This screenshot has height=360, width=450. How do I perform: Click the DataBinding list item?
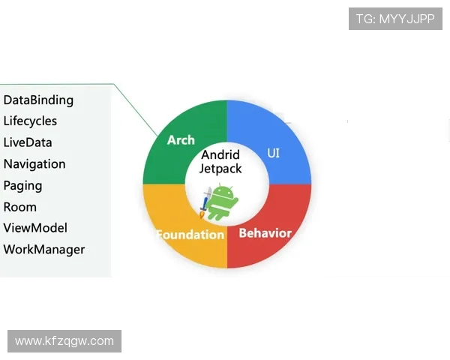pos(38,100)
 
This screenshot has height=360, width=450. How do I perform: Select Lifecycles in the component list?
pos(30,121)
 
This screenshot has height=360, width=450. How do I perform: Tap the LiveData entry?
pos(28,142)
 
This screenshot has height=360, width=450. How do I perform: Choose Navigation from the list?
pos(34,164)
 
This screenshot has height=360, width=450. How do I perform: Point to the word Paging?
pos(23,186)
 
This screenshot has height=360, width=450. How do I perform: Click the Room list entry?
pos(20,207)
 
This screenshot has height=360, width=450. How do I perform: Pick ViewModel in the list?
pos(35,228)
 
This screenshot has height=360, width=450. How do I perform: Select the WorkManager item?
pos(44,250)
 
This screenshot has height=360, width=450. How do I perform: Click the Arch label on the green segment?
pos(181,140)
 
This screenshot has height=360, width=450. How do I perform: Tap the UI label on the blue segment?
pos(273,153)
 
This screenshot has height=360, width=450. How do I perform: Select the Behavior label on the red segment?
pos(265,233)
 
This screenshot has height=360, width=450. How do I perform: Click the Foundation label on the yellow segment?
pos(190,235)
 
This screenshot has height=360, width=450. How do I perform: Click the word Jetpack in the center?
pos(220,169)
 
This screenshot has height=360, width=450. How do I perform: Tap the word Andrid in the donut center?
pos(220,154)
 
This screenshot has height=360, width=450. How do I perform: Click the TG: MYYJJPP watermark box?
pos(395,19)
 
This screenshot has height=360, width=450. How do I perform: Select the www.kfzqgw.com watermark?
pos(64,341)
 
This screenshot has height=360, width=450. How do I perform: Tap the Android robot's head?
pos(221,192)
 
